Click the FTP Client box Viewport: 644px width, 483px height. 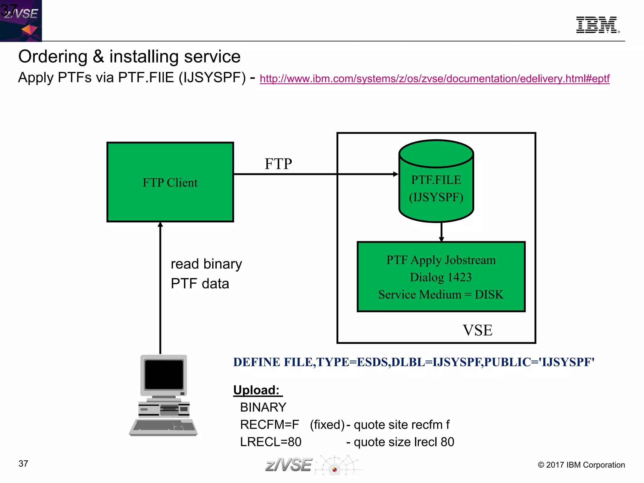click(x=170, y=182)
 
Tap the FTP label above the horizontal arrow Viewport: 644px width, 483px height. click(x=278, y=164)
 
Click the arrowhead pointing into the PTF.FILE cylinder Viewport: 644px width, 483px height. click(x=396, y=174)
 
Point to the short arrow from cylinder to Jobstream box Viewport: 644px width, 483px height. click(x=441, y=232)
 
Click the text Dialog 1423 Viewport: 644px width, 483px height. click(x=441, y=277)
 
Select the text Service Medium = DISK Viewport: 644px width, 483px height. click(x=441, y=295)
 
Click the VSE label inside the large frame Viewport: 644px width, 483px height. click(x=477, y=330)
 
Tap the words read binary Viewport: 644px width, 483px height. click(x=206, y=264)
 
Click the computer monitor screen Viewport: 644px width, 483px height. click(x=164, y=375)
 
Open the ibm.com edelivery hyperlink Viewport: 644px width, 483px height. click(x=435, y=79)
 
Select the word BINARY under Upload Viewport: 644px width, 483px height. click(x=263, y=408)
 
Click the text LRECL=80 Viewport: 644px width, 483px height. click(x=271, y=442)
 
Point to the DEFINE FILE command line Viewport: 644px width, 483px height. click(x=414, y=362)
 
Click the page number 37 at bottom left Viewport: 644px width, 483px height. click(x=23, y=464)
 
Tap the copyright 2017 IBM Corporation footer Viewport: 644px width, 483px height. click(x=581, y=465)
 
